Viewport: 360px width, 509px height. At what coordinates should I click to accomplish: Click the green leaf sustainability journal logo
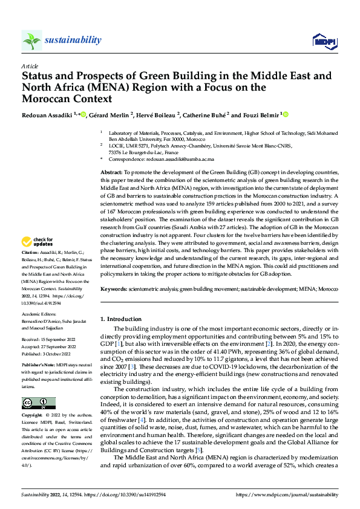32,41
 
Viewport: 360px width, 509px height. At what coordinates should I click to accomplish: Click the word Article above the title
30,66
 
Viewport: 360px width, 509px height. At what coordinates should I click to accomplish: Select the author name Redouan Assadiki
49,115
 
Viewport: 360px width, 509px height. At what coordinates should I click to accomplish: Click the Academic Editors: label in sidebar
39,315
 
